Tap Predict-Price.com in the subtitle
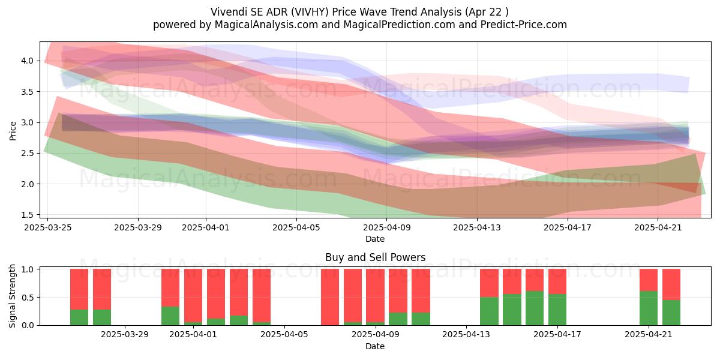524,25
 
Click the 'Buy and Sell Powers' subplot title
375,257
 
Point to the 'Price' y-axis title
13,131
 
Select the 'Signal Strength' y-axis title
12,296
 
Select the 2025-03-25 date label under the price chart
48,227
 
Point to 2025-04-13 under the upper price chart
477,227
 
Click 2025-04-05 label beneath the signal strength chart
284,335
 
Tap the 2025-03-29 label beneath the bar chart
125,335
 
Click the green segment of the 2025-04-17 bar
557,310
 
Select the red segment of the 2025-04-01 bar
193,295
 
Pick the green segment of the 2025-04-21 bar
649,308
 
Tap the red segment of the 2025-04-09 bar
375,295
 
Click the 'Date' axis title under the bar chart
375,346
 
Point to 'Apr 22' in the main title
485,12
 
